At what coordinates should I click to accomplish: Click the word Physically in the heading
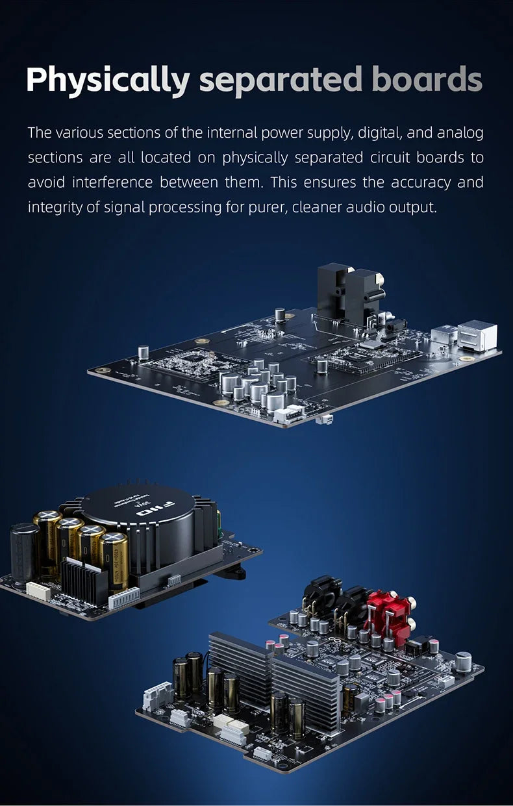point(108,80)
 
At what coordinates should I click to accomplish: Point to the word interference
point(112,182)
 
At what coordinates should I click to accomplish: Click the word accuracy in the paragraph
point(421,183)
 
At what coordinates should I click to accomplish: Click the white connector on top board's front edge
point(287,415)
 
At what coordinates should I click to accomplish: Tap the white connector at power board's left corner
point(38,590)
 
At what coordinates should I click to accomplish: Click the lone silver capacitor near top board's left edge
point(144,352)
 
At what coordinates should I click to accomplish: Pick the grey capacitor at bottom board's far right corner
point(464,661)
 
